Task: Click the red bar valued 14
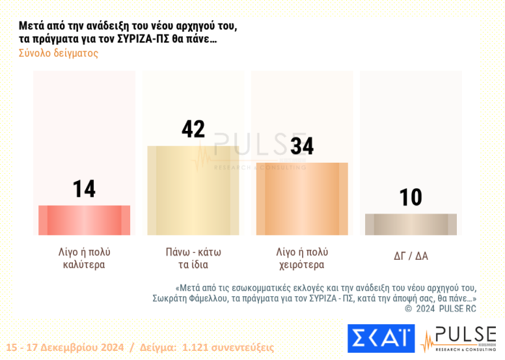pyautogui.click(x=84, y=220)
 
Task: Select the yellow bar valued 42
pyautogui.click(x=193, y=190)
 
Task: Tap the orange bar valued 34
pyautogui.click(x=302, y=199)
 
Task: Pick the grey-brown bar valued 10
pyautogui.click(x=411, y=224)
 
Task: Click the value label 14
pyautogui.click(x=84, y=189)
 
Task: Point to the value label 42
pyautogui.click(x=193, y=129)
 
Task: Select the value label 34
pyautogui.click(x=301, y=146)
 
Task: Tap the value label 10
pyautogui.click(x=411, y=197)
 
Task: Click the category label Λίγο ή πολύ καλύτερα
pyautogui.click(x=84, y=258)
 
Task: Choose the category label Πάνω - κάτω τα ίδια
pyautogui.click(x=193, y=258)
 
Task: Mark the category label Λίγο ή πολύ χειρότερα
pyautogui.click(x=302, y=258)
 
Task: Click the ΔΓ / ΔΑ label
pyautogui.click(x=411, y=256)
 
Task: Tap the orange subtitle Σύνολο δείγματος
pyautogui.click(x=59, y=53)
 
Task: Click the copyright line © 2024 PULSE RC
pyautogui.click(x=441, y=309)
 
